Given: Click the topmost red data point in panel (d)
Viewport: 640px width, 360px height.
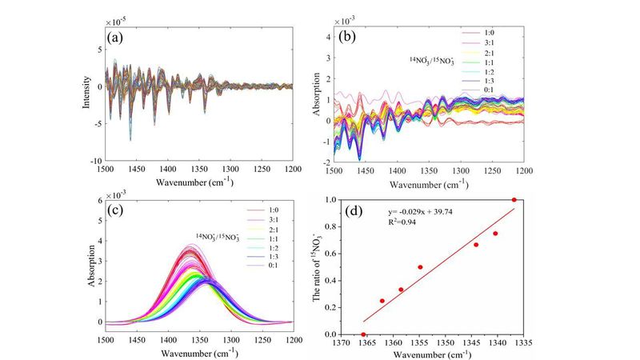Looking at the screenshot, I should click(x=514, y=200).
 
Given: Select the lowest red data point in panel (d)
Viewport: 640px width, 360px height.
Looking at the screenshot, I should click(x=363, y=334).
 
